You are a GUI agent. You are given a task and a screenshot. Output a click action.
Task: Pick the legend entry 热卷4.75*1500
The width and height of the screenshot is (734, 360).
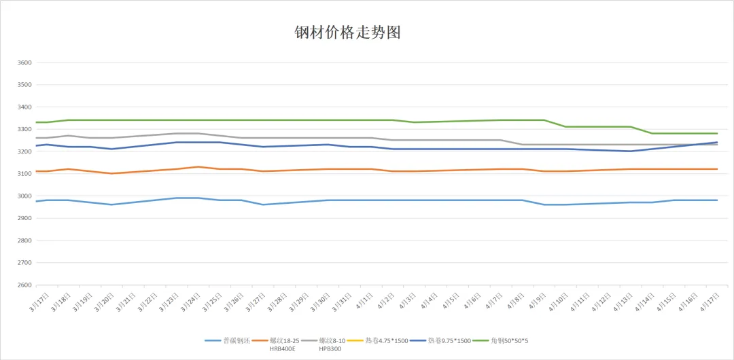point(386,340)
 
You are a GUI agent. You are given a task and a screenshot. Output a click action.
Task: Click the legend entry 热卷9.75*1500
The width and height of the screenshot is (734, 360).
point(449,340)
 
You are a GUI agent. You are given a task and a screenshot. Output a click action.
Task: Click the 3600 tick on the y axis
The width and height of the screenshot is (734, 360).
point(24,62)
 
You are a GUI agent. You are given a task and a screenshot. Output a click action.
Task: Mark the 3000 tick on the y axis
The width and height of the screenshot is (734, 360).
point(24,196)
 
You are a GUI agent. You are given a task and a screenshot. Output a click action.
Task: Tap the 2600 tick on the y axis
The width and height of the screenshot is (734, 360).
point(24,285)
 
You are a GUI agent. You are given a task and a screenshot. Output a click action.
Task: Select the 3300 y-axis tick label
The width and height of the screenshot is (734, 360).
point(24,129)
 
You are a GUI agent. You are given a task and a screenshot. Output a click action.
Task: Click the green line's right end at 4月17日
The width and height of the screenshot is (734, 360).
point(717,133)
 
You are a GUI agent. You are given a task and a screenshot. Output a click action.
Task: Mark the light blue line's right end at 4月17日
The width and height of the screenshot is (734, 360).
point(717,200)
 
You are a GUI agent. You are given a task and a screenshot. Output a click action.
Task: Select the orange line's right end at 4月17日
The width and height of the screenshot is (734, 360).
point(717,169)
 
